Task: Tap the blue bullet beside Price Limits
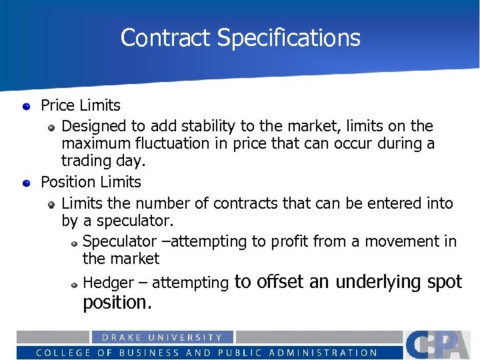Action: click(26, 105)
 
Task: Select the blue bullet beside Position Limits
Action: click(26, 182)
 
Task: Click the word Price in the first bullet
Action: click(57, 105)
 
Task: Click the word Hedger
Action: click(108, 283)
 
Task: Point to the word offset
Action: click(281, 281)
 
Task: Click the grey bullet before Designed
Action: click(51, 127)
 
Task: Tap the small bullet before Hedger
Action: click(75, 284)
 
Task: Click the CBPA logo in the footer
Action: click(438, 345)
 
